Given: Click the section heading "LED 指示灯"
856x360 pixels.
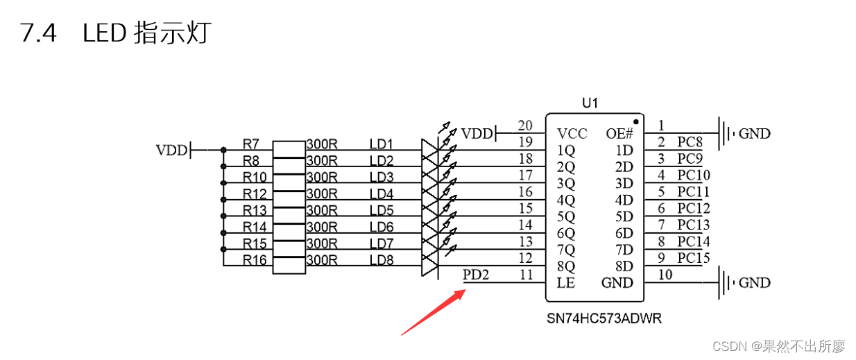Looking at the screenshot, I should pos(146,33).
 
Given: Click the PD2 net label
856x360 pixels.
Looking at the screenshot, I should pos(476,275).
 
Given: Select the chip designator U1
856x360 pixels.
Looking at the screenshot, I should pos(590,103).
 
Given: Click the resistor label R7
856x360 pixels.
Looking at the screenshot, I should pos(251,144).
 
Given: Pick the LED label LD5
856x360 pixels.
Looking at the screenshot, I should pos(382,210).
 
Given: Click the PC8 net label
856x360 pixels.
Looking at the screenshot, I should pos(690,142).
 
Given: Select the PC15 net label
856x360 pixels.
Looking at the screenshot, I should pos(694,258).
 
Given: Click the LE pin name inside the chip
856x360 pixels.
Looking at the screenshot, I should pos(565,283).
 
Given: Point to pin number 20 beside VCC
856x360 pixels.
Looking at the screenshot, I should pos(525,126).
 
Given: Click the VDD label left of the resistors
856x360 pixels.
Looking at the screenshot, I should pos(170,150).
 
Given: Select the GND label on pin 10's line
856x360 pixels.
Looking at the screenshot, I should pos(755,283).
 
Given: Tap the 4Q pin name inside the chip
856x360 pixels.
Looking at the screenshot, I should pos(566,200).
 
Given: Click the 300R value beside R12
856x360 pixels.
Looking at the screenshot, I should pos(322,194).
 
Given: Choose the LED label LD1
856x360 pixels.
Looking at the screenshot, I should pos(382,144).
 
